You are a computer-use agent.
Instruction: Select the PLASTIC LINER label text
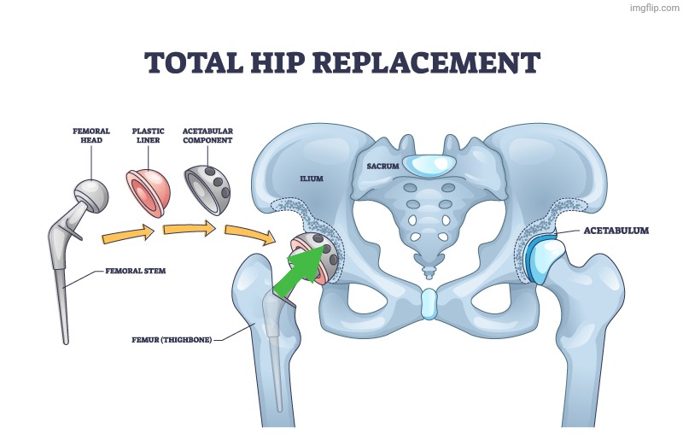pos(148,136)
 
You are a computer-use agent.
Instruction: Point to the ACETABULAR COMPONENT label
pos(207,136)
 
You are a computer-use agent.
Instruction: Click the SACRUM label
pos(383,165)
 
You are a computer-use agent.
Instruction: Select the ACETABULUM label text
pos(616,231)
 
